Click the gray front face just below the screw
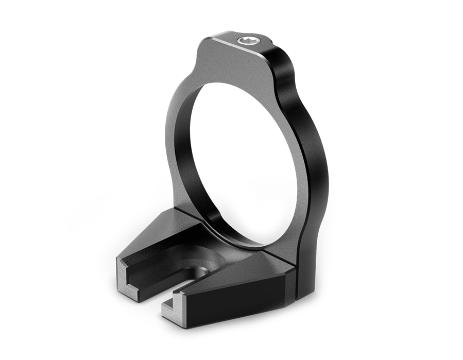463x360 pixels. [232, 62]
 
